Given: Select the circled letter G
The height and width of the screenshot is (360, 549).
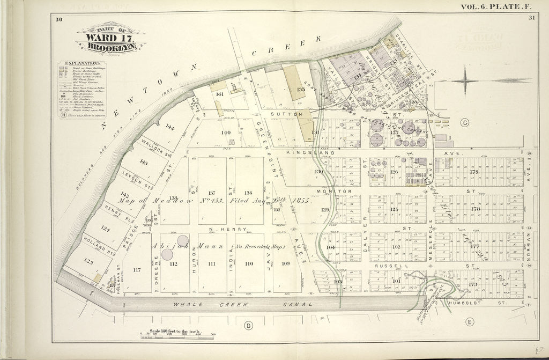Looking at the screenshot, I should (x=464, y=123).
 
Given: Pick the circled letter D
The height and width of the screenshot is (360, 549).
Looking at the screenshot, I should (x=248, y=325).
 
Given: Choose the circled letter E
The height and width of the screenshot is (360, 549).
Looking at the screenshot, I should (x=470, y=322).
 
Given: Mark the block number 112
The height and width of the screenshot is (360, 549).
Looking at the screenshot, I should (x=173, y=263).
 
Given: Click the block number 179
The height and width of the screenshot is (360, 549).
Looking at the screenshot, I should (x=474, y=172).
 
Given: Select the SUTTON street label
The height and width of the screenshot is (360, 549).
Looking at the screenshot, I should (x=290, y=114).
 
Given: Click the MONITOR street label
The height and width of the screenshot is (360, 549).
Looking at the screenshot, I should (x=340, y=191).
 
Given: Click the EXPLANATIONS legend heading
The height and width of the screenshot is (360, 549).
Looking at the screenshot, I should (x=77, y=63).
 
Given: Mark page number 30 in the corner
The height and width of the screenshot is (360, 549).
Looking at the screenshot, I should (x=58, y=20).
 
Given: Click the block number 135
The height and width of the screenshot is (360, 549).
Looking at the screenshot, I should (x=301, y=89).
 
